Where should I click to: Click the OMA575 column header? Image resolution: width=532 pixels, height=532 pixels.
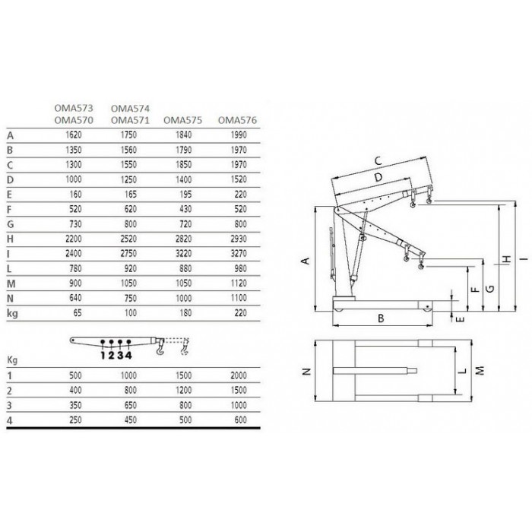coord(182,120)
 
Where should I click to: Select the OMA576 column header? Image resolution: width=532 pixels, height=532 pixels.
coord(237,120)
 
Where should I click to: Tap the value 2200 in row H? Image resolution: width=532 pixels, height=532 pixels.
coord(74,239)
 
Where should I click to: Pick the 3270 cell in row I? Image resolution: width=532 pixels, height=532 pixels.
coord(239,253)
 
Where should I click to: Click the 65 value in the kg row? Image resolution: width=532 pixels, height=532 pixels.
coord(78,313)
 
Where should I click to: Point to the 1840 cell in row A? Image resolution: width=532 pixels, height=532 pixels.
coord(184,135)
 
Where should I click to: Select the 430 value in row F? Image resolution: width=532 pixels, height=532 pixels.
coord(185,209)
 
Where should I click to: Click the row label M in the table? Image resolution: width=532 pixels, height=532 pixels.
coord(11,283)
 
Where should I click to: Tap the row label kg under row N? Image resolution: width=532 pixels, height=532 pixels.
coord(12,313)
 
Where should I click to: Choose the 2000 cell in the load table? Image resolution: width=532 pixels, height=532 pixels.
coord(239,375)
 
